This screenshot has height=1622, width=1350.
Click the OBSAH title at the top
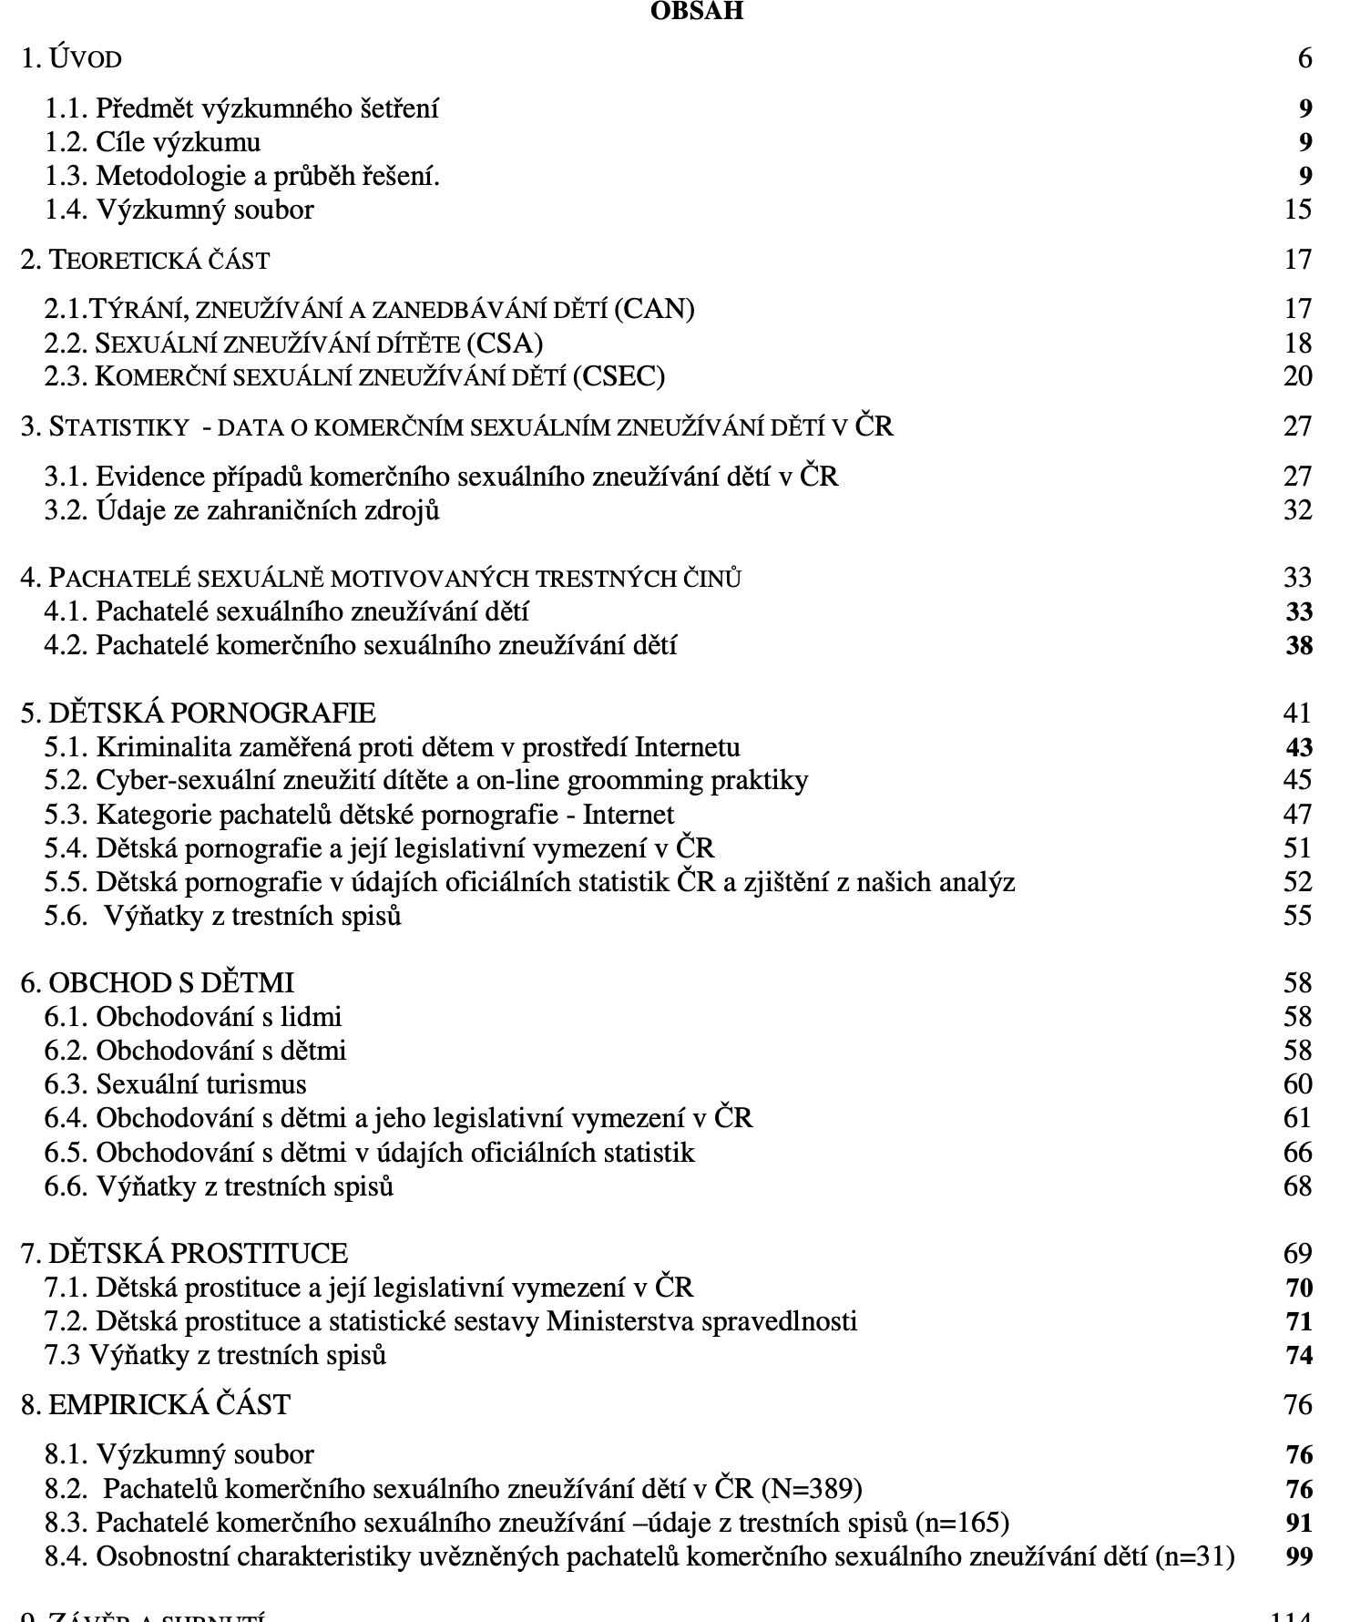coord(697,11)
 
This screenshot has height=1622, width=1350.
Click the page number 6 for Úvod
coord(1304,59)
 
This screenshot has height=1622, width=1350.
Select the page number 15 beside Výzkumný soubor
coord(1297,210)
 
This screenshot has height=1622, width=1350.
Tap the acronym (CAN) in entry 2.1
coord(654,309)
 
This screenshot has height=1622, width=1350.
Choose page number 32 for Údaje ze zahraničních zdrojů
coord(1297,510)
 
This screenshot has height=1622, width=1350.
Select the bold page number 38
coord(1299,646)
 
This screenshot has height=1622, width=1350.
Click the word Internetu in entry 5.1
coord(687,747)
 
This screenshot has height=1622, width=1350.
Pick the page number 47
coord(1297,815)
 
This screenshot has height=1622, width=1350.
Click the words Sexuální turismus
coord(201,1084)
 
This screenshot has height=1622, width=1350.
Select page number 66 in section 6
coord(1297,1153)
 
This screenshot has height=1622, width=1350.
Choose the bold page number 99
coord(1299,1557)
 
